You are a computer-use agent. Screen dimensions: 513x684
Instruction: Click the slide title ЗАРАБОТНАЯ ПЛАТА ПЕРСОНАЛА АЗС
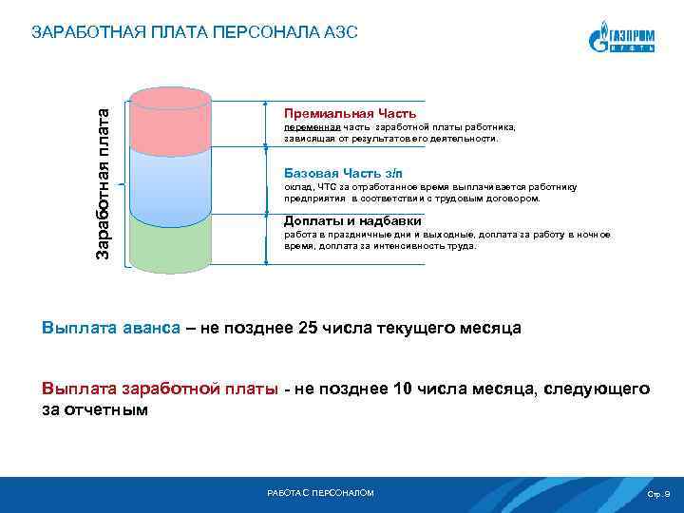(195, 32)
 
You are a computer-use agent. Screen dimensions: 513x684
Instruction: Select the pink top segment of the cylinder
(170, 123)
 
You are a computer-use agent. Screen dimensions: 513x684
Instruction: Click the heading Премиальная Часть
(350, 113)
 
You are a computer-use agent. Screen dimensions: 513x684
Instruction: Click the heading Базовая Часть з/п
(344, 172)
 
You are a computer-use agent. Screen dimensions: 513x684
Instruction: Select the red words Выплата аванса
(110, 328)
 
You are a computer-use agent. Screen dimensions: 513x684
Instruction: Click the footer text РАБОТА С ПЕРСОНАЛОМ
(321, 493)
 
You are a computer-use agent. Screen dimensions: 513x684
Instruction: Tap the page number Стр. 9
(657, 495)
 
